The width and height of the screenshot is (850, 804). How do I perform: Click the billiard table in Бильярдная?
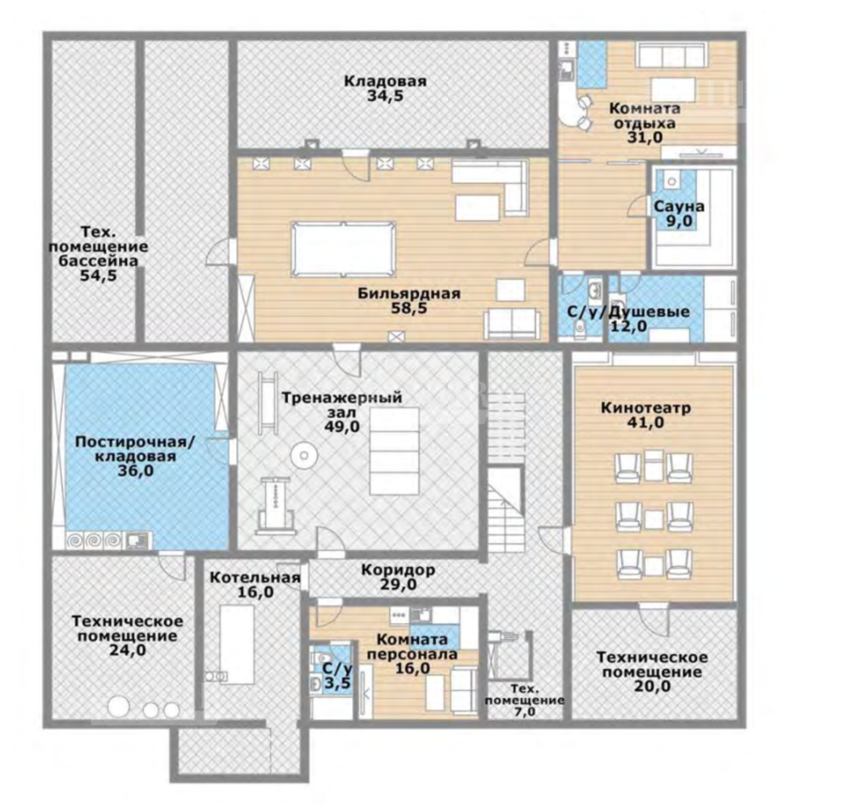tap(343, 249)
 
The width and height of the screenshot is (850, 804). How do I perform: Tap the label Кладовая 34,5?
tap(385, 89)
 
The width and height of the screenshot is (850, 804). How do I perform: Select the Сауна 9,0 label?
tap(678, 213)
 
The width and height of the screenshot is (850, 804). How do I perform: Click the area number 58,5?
tap(410, 309)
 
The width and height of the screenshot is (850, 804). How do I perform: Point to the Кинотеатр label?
tap(646, 408)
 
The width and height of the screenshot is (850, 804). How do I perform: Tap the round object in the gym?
tap(303, 456)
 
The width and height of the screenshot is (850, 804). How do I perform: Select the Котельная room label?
tap(255, 577)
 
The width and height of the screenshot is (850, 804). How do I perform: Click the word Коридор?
tap(398, 570)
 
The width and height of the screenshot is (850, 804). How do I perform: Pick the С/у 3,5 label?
tap(337, 676)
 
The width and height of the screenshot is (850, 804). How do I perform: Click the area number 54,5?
tap(98, 276)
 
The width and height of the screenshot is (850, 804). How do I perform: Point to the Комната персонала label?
tap(412, 647)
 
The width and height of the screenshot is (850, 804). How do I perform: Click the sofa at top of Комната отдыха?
tap(671, 55)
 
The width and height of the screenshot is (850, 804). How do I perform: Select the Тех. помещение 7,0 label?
tap(524, 700)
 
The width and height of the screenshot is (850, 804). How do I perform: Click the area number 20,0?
tap(652, 687)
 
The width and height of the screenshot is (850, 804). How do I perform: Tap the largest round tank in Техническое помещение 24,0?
tap(119, 707)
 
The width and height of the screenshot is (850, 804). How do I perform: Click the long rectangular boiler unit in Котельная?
tap(237, 644)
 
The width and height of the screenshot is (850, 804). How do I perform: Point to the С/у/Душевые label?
tap(628, 312)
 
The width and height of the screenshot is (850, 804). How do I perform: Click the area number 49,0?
tap(342, 427)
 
